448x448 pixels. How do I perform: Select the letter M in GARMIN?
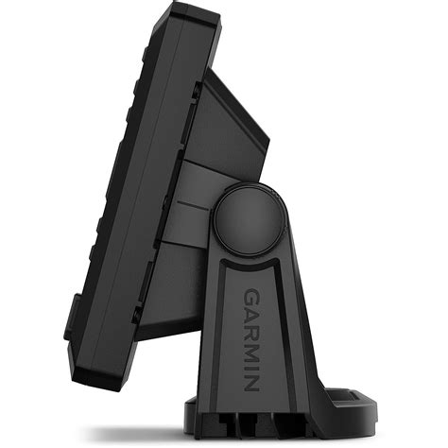[251, 352]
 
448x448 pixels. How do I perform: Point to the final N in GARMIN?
[251, 382]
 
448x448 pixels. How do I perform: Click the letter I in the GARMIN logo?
[251, 368]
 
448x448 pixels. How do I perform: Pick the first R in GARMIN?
[251, 331]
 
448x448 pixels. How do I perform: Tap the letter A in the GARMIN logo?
[251, 314]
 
